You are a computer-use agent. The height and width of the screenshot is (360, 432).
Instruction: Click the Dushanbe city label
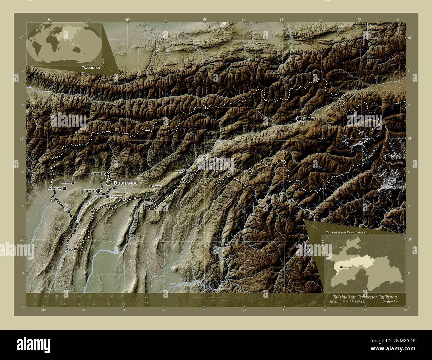125,183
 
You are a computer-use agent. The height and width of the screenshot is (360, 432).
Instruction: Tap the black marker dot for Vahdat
299,118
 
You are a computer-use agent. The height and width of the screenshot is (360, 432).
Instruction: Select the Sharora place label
89,191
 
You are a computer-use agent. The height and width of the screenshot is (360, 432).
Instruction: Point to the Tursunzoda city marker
64,188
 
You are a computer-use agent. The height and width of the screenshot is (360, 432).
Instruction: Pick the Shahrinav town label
65,183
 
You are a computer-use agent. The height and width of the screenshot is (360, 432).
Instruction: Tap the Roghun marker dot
185,171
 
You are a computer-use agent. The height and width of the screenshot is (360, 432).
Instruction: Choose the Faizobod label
158,187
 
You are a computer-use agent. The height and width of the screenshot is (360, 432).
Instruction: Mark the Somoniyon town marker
107,196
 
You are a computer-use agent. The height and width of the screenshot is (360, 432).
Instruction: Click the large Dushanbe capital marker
108,183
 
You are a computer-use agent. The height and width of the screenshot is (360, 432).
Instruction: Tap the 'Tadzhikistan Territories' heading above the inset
346,233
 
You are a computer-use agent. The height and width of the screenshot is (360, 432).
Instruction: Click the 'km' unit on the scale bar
146,297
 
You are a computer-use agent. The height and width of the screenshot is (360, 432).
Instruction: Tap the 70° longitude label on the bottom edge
204,310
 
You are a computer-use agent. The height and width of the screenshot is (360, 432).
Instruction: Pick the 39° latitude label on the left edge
21,138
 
